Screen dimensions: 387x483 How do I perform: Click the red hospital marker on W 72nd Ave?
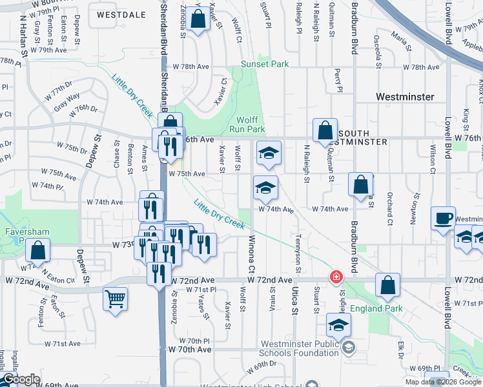coord(336,278)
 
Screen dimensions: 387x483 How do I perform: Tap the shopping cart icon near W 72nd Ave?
coord(115,298)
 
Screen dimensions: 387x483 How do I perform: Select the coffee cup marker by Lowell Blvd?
coord(444,219)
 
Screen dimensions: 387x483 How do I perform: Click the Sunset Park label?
coord(265,64)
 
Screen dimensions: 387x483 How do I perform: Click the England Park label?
coord(376,308)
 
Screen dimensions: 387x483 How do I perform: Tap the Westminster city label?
coord(405,97)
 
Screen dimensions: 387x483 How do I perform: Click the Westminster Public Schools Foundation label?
coord(300,348)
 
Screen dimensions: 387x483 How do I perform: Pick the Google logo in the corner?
coord(21,380)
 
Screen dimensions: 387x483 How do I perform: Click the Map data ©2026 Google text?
coord(444,382)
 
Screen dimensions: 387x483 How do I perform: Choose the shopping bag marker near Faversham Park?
coord(39,251)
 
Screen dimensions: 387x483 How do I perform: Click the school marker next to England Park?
coord(338,324)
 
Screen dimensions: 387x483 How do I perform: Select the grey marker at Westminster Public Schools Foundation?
coord(349,348)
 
